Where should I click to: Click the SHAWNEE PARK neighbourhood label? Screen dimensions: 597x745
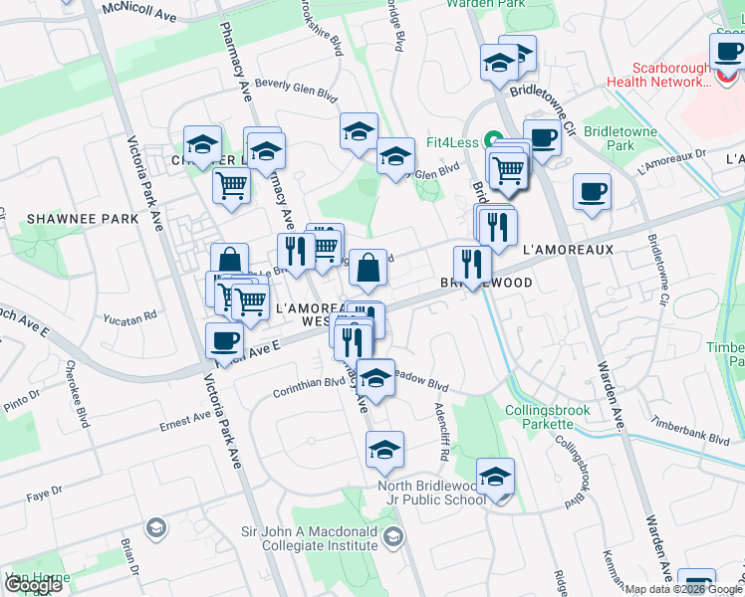(x=69, y=219)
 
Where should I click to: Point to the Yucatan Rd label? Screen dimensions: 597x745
(x=129, y=317)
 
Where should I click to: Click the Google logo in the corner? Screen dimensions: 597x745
(x=34, y=585)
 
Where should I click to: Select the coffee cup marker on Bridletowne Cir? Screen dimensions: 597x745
(x=542, y=138)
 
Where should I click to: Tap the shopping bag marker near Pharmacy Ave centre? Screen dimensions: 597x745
(x=368, y=267)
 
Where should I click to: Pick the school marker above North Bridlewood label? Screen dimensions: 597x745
(x=384, y=450)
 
